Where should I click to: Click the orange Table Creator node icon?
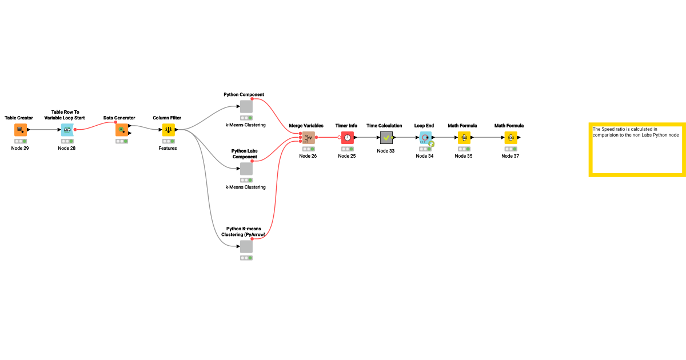click(x=21, y=130)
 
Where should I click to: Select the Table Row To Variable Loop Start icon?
click(x=67, y=130)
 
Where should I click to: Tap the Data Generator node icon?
click(x=122, y=130)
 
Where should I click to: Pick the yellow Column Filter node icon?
click(x=168, y=130)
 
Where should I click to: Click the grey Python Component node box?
click(x=246, y=107)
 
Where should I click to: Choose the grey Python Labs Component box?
click(x=246, y=169)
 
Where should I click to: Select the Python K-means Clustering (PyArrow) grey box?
click(x=246, y=247)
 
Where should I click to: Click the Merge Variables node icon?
click(x=309, y=137)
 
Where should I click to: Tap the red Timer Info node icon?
click(x=348, y=137)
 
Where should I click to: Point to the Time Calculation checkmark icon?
click(x=386, y=137)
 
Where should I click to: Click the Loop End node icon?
click(x=425, y=137)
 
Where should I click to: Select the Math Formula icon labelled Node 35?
click(x=464, y=137)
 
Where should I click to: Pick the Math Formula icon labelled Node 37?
click(x=511, y=137)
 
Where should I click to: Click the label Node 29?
click(x=20, y=149)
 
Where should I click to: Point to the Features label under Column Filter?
click(x=168, y=149)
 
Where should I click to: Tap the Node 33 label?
click(x=386, y=151)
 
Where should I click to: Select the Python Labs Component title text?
click(x=245, y=154)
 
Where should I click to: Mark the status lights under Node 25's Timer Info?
click(x=348, y=149)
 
